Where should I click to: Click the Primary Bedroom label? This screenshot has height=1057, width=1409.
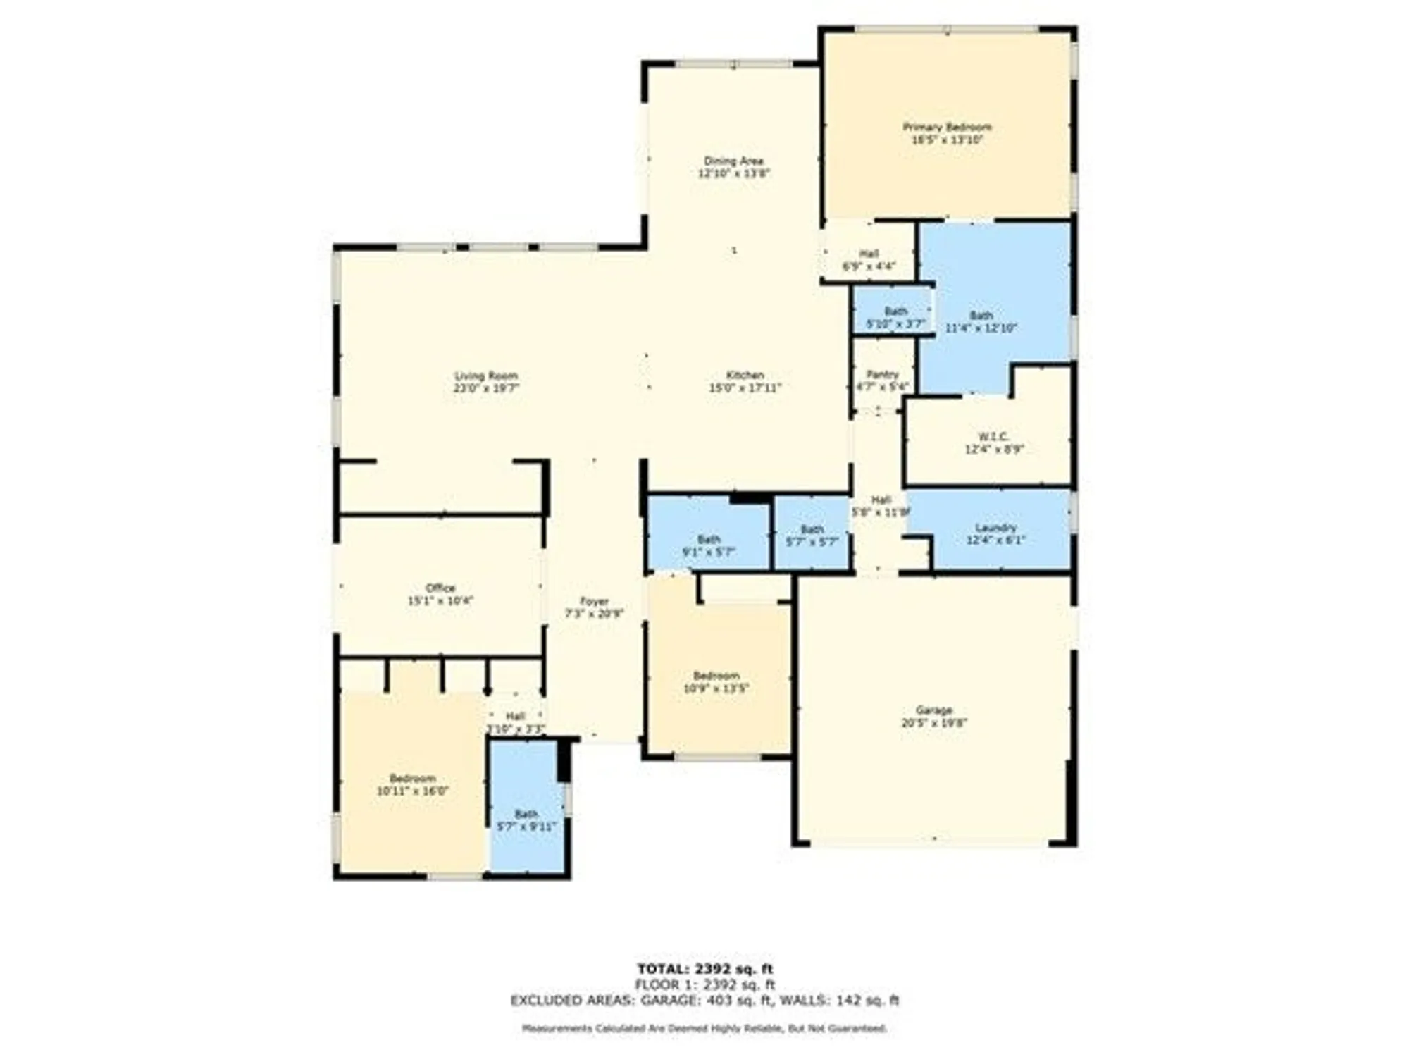point(947,128)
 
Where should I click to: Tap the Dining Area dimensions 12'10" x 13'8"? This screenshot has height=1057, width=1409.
point(733,173)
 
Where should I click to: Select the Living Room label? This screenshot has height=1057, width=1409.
point(485,376)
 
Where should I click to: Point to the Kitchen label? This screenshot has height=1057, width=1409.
point(745,375)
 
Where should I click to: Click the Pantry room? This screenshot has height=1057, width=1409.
point(882,380)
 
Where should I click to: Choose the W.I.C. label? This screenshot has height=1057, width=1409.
point(993,437)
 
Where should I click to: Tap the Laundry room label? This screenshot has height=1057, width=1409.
point(995,528)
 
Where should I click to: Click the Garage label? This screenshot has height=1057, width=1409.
point(934,710)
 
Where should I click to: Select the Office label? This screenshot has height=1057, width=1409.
point(440,588)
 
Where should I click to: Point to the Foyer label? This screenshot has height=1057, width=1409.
point(594,601)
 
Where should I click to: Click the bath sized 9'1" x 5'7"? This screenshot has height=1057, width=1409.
point(708,545)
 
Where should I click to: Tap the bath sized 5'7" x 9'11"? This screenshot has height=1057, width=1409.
point(526,820)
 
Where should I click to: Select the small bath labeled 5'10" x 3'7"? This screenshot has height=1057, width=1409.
point(895,317)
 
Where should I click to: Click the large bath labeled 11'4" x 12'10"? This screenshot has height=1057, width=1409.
point(981,321)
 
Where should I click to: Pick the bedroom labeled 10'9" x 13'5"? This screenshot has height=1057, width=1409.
point(716,681)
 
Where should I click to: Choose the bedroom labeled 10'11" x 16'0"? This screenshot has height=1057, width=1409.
point(412,784)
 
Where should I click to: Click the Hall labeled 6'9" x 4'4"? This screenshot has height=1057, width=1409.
point(869,260)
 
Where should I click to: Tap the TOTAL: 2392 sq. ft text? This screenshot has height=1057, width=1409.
point(704,969)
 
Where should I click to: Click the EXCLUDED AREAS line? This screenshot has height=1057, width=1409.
point(704,1000)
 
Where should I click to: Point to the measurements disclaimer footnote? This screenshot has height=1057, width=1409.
point(704,1029)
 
